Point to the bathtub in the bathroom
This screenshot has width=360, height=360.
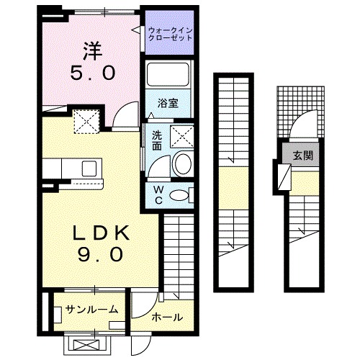167,74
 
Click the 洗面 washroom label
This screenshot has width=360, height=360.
156,139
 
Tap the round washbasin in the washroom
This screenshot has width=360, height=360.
182,164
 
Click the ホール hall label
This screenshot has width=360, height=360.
166,317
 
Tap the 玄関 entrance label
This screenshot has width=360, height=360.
302,155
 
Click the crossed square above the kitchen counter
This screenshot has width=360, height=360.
87,120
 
